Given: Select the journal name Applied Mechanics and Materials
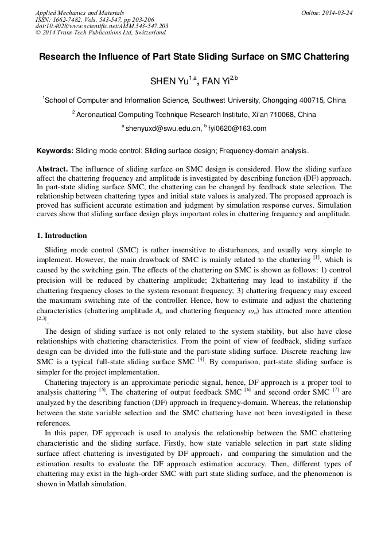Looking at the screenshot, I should tap(80, 12).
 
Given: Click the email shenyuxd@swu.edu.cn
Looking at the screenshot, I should tap(163, 128).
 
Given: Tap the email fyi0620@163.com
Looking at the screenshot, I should tap(237, 128).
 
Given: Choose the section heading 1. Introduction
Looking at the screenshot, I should tap(62, 236).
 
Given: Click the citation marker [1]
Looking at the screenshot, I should tap(316, 258).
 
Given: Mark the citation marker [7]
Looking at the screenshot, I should tap(336, 391).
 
